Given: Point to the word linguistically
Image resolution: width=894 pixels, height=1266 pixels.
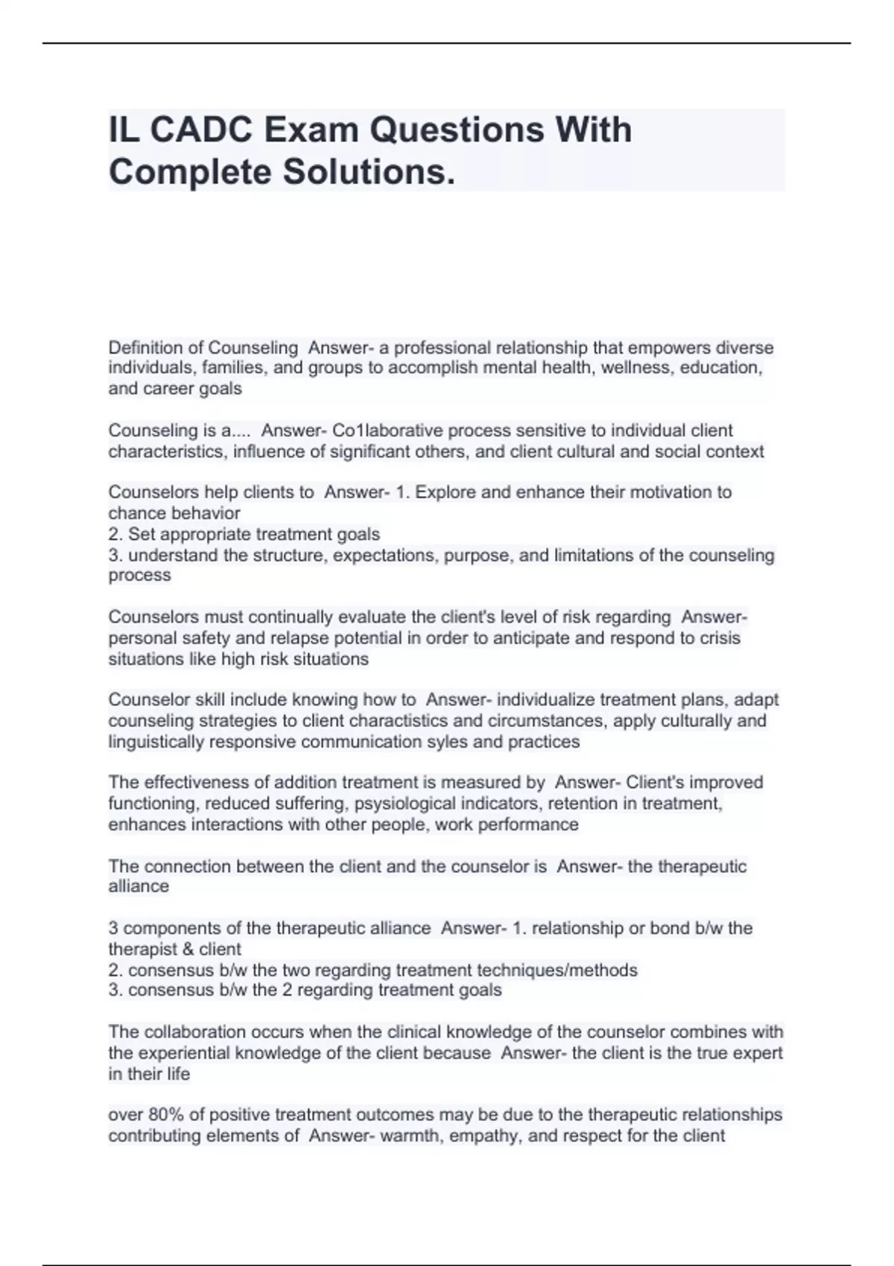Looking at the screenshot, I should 156,742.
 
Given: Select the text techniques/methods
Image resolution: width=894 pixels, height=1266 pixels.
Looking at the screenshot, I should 557,970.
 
